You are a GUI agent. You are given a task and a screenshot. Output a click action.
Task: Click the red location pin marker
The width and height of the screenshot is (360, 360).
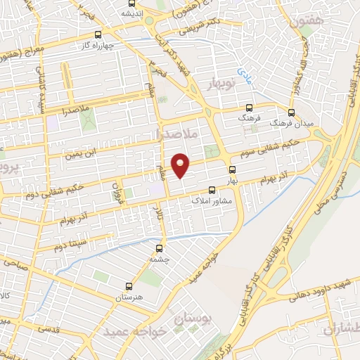[x=181, y=165]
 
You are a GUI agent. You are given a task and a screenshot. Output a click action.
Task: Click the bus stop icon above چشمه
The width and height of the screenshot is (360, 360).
[x=160, y=247]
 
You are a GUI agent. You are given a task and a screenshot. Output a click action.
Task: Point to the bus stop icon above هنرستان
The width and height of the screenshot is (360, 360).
[x=128, y=286]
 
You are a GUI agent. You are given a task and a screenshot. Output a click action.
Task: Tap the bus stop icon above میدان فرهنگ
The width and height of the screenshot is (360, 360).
[x=293, y=112]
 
